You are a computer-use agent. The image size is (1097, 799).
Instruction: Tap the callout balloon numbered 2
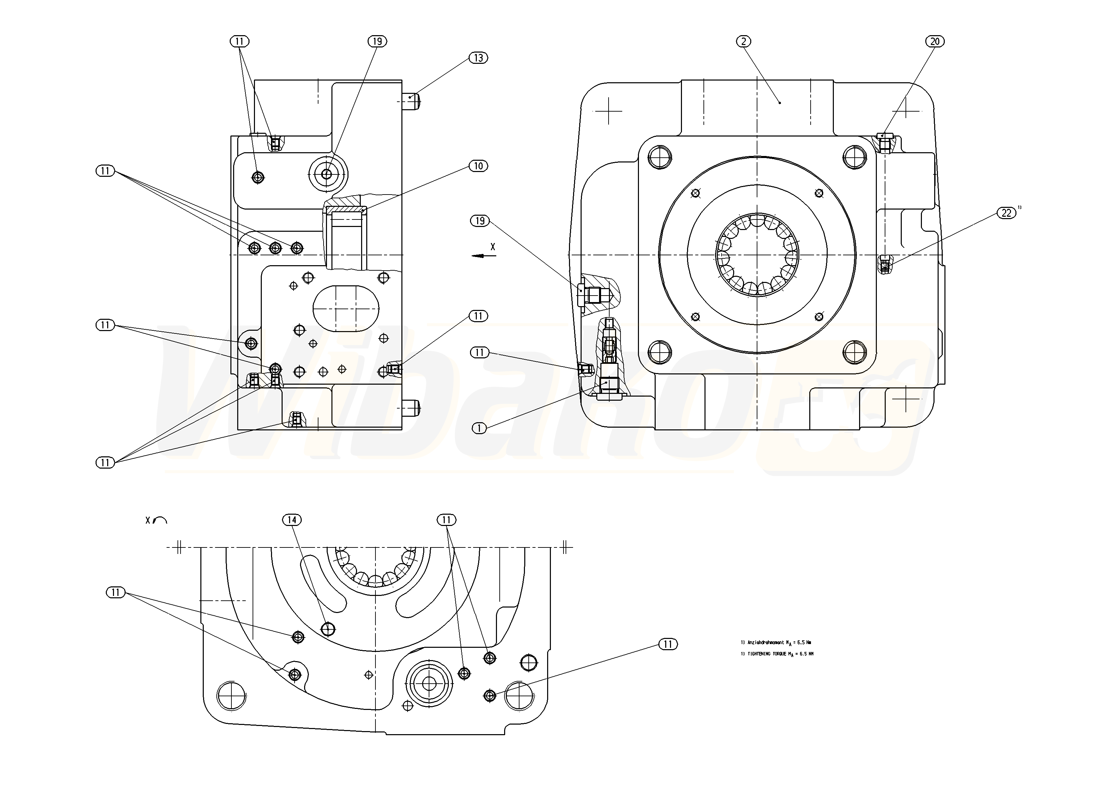pyautogui.click(x=743, y=42)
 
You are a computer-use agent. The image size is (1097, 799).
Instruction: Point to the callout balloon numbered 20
pyautogui.click(x=935, y=42)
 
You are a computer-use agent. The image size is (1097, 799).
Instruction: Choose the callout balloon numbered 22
pyautogui.click(x=1007, y=213)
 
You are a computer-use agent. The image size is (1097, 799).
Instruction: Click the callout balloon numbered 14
pyautogui.click(x=292, y=520)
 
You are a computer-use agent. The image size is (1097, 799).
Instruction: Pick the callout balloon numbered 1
pyautogui.click(x=479, y=428)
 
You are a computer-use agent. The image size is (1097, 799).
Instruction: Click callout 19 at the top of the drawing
pyautogui.click(x=377, y=42)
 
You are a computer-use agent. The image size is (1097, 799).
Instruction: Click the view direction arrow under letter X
pyautogui.click(x=484, y=256)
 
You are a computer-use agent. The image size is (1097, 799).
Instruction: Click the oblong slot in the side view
pyautogui.click(x=346, y=309)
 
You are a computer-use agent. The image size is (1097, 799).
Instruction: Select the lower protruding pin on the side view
pyautogui.click(x=412, y=409)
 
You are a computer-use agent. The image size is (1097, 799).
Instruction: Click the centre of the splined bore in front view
pyautogui.click(x=757, y=254)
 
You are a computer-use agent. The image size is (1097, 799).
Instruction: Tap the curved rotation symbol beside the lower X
pyautogui.click(x=160, y=520)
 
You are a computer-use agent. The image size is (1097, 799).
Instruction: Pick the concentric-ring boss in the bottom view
pyautogui.click(x=429, y=683)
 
